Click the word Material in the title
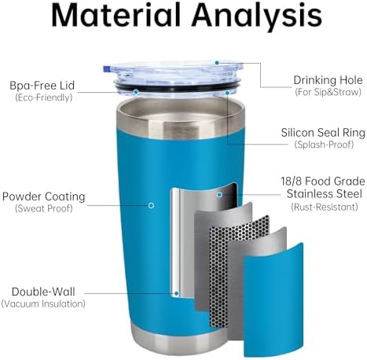coord(116,15)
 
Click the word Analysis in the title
coord(257,17)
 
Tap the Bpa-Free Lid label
coord(42,86)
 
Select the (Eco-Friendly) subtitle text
coord(43,97)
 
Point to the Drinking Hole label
coord(328,80)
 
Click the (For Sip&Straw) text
coord(328,92)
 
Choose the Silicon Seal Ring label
coord(323,133)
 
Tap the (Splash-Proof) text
coord(324,145)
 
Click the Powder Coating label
coord(44,197)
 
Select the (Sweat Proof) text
coord(44,208)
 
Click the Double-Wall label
coord(43,292)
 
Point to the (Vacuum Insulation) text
coord(43,304)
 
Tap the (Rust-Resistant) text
coord(325,207)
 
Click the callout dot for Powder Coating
coord(151,205)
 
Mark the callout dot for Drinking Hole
coord(217,63)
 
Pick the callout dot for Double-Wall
coord(177,293)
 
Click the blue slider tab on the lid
coord(106,69)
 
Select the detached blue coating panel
coord(273,300)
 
